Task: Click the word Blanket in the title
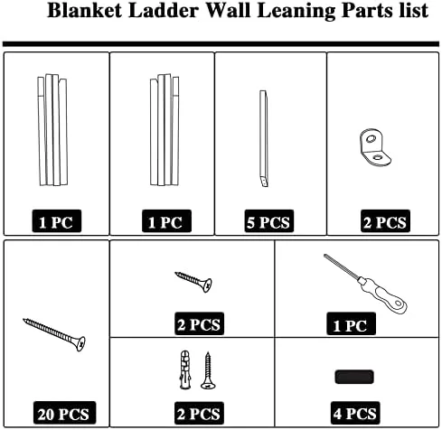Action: point(84,11)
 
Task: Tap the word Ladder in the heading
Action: point(164,11)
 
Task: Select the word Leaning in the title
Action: point(296,12)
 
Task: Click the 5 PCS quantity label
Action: point(268,222)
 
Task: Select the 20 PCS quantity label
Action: point(64,413)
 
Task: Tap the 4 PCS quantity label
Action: point(355,413)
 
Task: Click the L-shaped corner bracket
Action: point(374,148)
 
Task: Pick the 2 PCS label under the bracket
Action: point(385,222)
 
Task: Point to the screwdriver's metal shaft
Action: point(341,267)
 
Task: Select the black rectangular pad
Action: point(354,377)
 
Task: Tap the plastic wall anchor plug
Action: point(185,369)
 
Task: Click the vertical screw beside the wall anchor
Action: point(208,370)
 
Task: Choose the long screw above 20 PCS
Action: point(54,334)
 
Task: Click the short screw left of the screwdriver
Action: point(193,282)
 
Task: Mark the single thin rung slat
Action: point(264,138)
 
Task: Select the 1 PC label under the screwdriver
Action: point(351,324)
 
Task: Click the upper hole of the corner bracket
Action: point(371,138)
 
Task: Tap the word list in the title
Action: point(414,11)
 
